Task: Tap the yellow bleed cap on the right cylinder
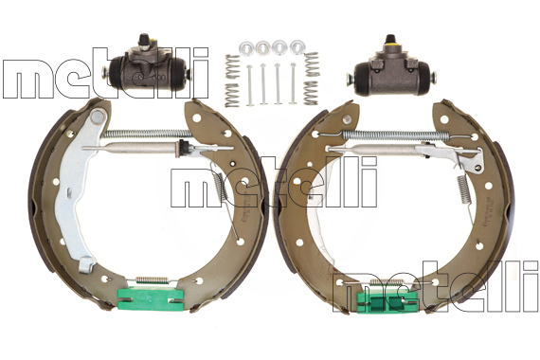pos(390,44)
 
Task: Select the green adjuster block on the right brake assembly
pos(387,302)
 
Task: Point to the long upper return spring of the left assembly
pos(148,134)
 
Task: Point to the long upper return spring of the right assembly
pos(395,135)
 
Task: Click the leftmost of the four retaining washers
pos(246,46)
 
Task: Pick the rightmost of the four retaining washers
pos(297,46)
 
